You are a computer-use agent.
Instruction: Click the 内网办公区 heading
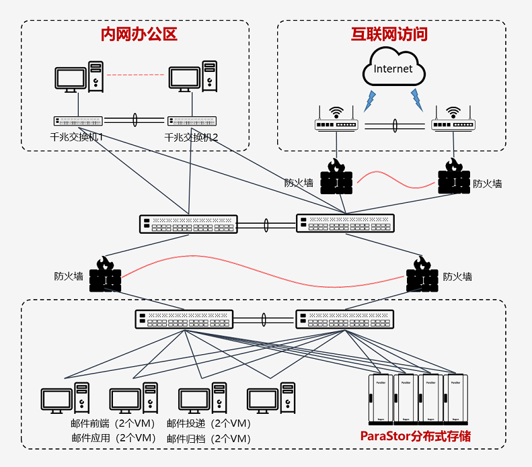pos(139,34)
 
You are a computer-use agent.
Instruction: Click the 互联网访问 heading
pos(389,34)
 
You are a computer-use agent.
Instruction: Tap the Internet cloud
pos(393,69)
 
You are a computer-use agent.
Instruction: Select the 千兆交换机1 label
pos(79,137)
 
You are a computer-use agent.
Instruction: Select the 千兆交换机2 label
pos(192,137)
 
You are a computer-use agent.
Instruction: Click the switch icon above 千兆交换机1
pos(79,122)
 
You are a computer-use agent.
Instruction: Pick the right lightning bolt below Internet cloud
pos(417,100)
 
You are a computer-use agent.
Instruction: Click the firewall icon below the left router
pos(336,177)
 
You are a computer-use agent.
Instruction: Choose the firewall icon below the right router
pos(454,177)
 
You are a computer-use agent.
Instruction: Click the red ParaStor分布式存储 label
pos(415,436)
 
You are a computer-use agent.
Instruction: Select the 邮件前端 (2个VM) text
pos(113,423)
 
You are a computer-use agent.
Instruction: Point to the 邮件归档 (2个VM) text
pos(208,438)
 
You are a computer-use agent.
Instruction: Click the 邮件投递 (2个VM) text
pos(208,423)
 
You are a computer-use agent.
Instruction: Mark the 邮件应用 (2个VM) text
pos(113,438)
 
